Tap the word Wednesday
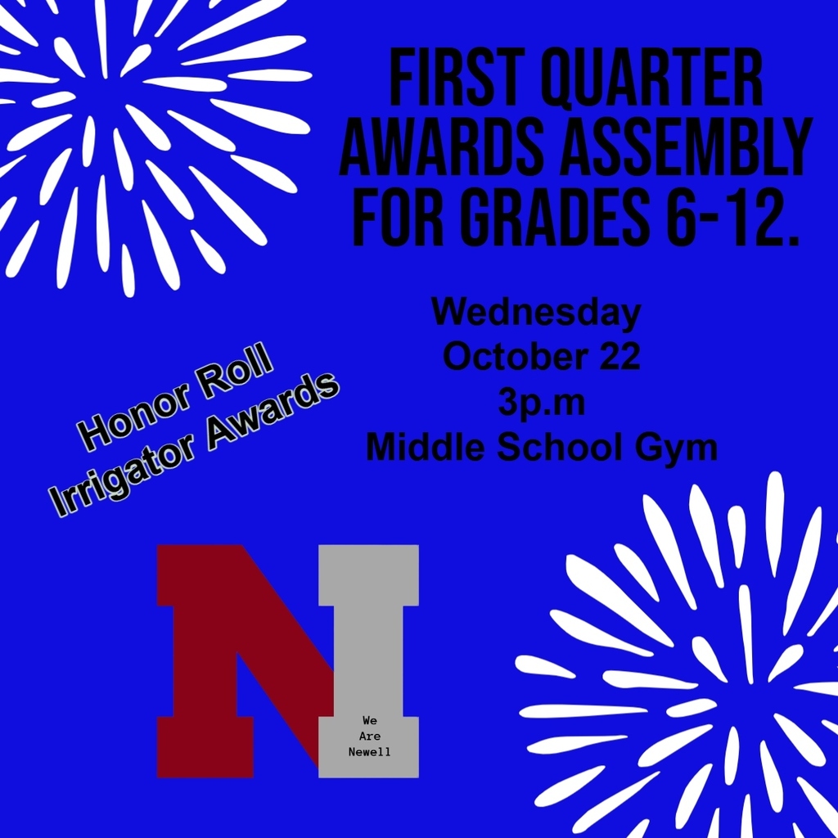[536, 312]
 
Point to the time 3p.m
[541, 403]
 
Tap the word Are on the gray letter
[370, 737]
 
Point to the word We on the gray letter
[370, 721]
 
